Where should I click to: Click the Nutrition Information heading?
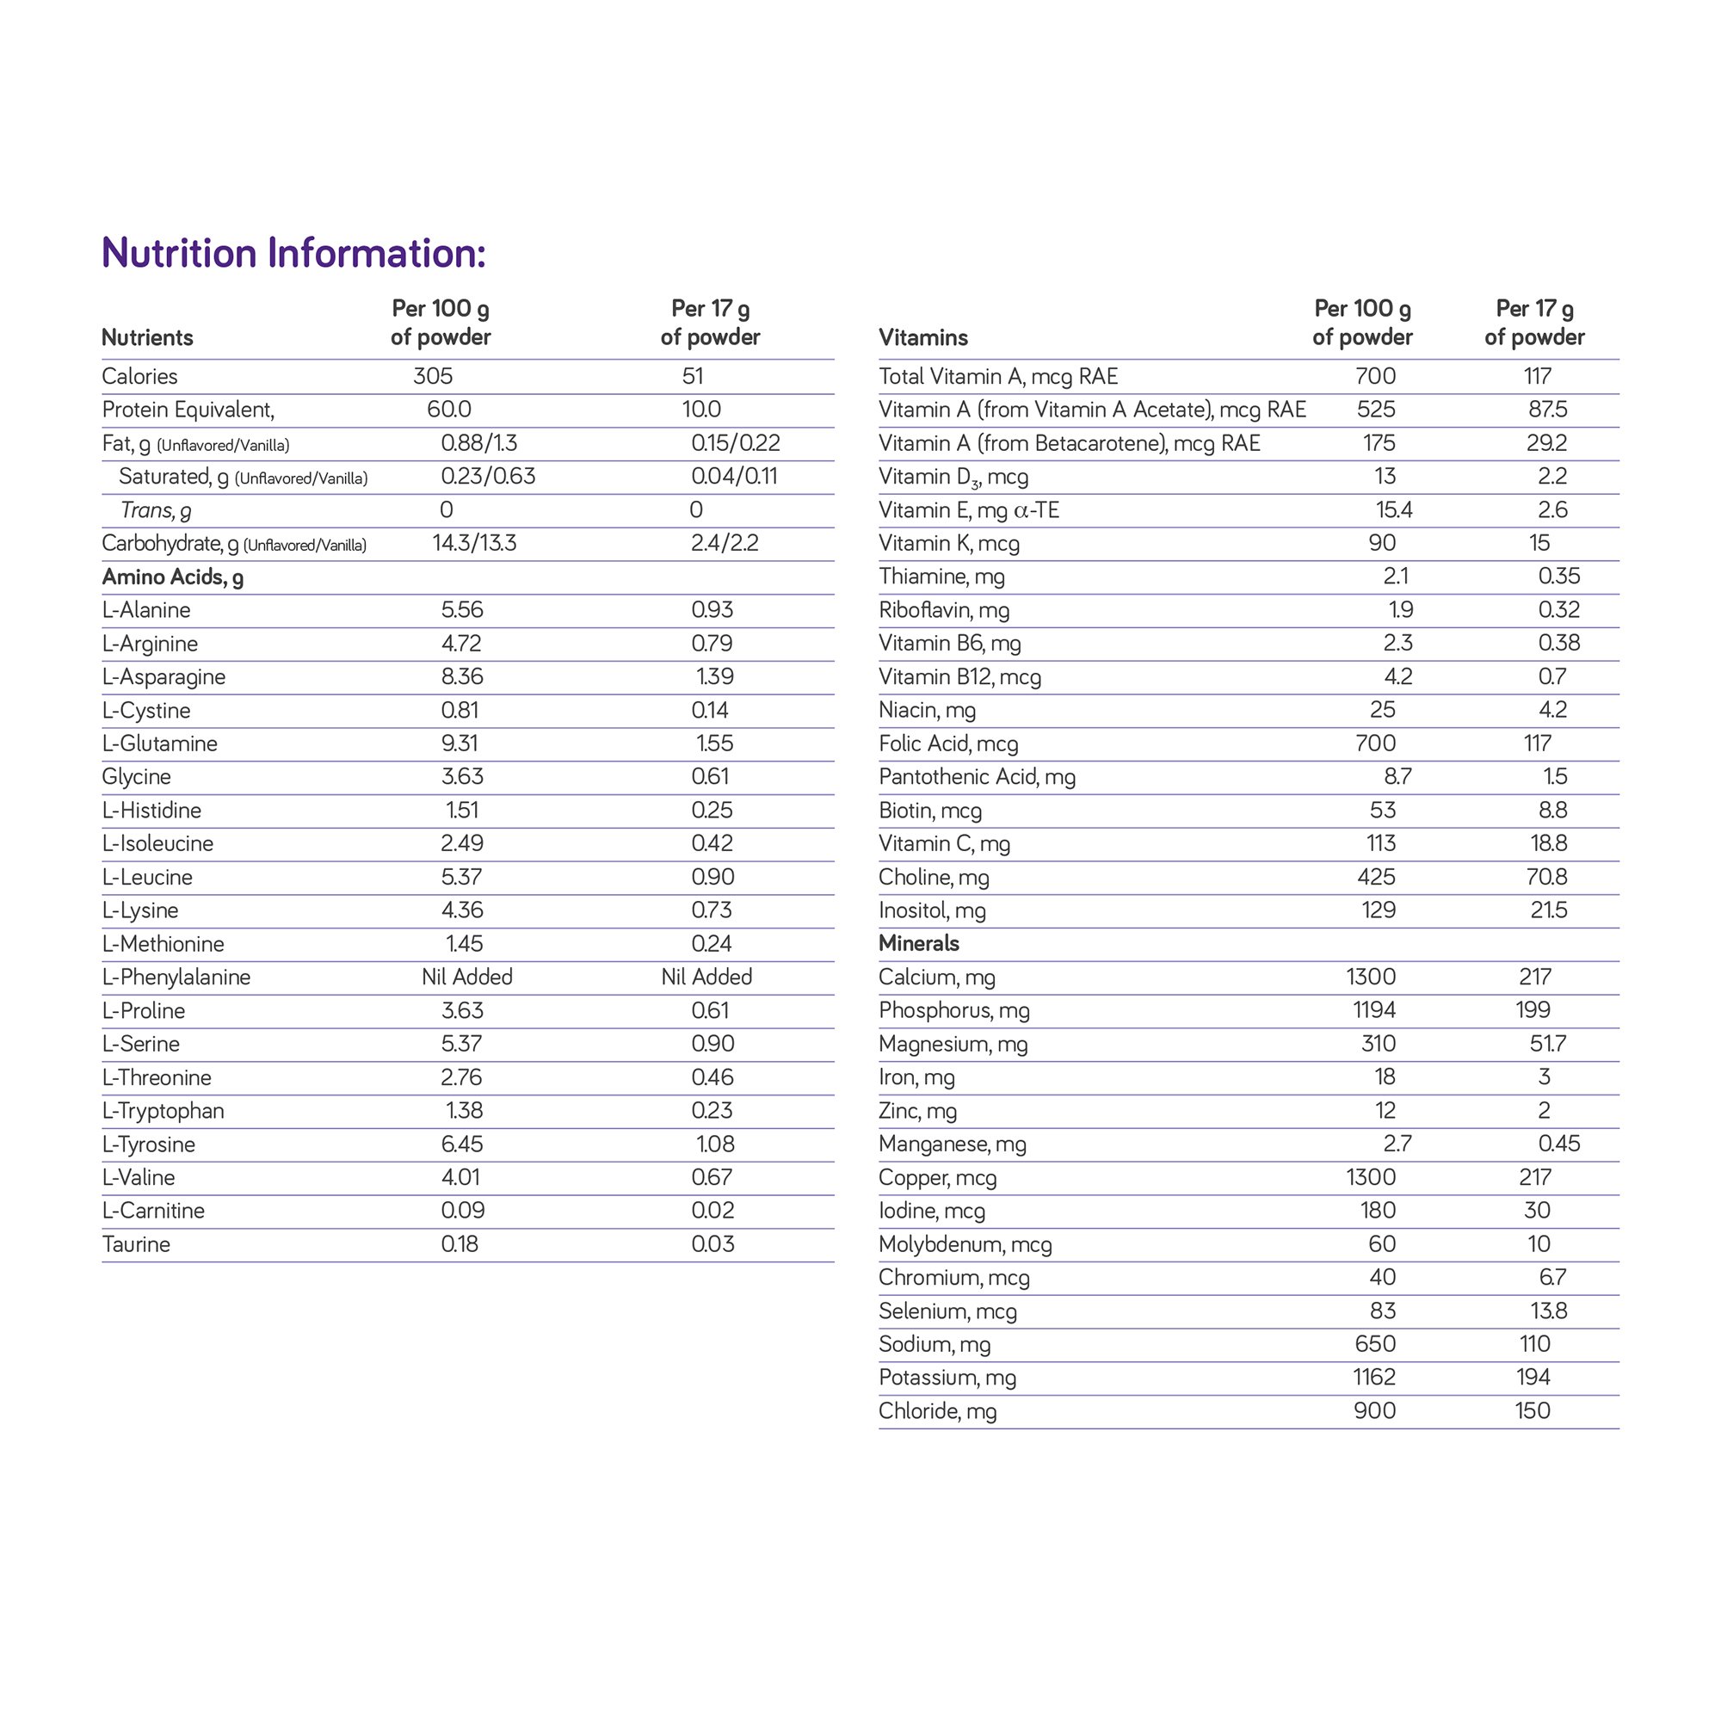point(294,253)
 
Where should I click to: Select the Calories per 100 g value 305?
point(433,376)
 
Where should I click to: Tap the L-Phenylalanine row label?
point(176,978)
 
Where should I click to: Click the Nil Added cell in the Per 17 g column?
point(706,978)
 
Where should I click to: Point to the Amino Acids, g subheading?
point(173,577)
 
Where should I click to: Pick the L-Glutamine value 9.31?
point(462,743)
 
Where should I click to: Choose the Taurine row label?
point(136,1244)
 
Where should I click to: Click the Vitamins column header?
point(922,337)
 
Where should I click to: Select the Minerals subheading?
point(918,943)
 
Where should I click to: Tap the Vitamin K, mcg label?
point(948,543)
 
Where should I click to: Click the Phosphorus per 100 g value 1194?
point(1371,1010)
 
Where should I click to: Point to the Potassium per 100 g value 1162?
point(1373,1377)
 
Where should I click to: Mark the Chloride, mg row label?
point(937,1411)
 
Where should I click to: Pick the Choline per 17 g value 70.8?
point(1546,878)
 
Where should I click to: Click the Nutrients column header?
point(147,337)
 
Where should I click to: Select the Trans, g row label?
point(156,510)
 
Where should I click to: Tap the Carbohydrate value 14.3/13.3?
point(474,543)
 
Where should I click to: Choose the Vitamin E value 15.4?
point(1393,510)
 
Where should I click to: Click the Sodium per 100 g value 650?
point(1374,1344)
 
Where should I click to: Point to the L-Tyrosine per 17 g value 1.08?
point(714,1144)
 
